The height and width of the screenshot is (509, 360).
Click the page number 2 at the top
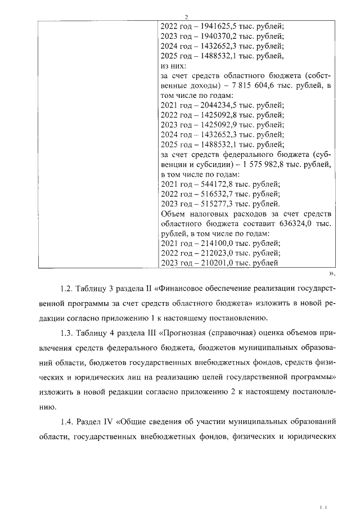[x=186, y=16]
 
